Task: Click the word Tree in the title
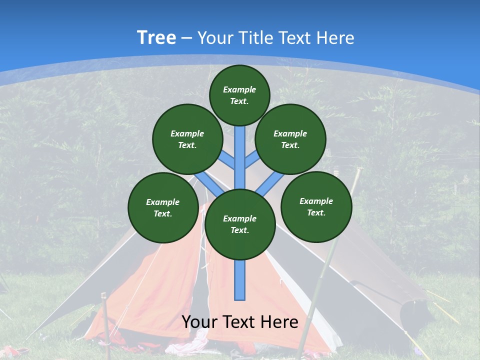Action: (x=156, y=38)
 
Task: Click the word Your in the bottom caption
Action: (x=199, y=322)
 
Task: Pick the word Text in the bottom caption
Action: (x=239, y=322)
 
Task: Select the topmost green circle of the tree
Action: (x=239, y=95)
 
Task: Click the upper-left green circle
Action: (x=187, y=139)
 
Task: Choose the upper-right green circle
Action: (x=290, y=139)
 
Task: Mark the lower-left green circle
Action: (x=163, y=207)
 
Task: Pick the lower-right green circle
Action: (x=316, y=206)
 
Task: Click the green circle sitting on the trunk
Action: (x=240, y=224)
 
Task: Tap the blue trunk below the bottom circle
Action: (x=240, y=280)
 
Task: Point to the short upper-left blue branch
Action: (x=228, y=160)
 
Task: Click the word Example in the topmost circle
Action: (x=239, y=89)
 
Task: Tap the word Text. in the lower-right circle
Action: (x=316, y=212)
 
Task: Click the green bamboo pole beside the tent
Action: (x=320, y=280)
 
